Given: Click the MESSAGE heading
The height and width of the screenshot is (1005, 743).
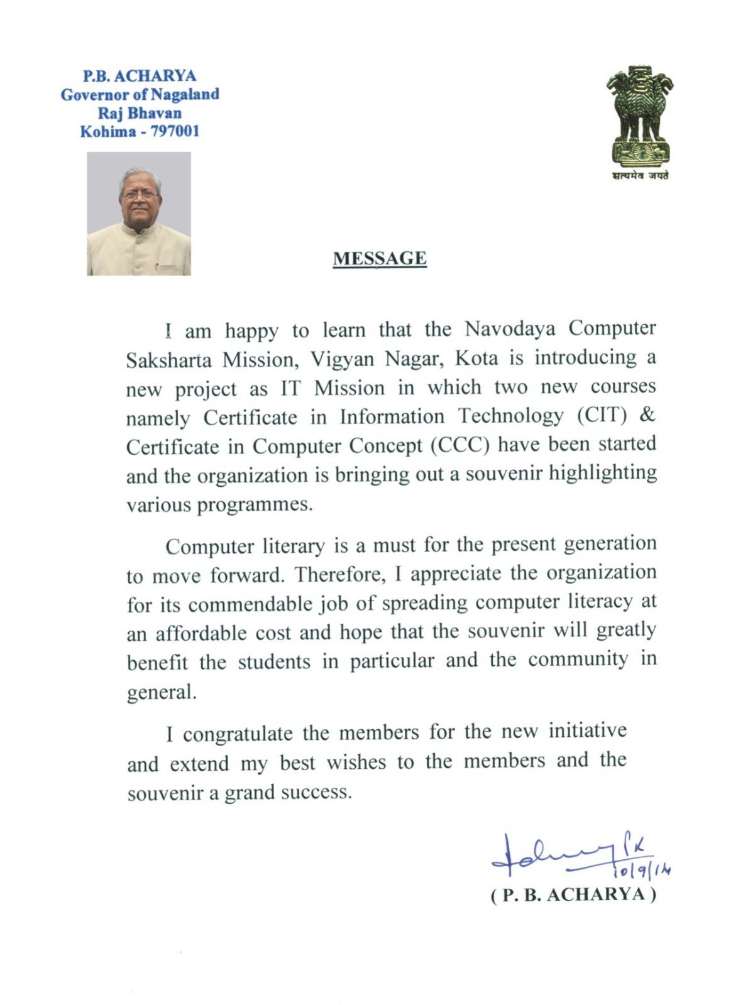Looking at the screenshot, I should point(380,259).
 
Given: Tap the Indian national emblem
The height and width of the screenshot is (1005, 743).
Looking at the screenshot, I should point(639,116).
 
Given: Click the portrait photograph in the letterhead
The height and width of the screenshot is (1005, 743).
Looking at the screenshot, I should point(139,214).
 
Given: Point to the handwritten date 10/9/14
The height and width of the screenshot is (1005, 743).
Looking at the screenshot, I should point(642,870).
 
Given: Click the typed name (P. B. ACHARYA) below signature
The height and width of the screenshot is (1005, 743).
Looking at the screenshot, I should point(573,894).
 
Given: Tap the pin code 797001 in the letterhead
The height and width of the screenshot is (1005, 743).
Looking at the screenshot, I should point(174,131).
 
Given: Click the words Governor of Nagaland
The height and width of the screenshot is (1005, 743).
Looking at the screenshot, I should point(140,94).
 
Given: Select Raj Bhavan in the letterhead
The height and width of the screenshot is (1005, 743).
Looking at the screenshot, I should point(140,113).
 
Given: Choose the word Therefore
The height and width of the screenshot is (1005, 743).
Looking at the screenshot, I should point(339,574).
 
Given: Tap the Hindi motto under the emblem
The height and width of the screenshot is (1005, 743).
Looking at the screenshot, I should point(640,176).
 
